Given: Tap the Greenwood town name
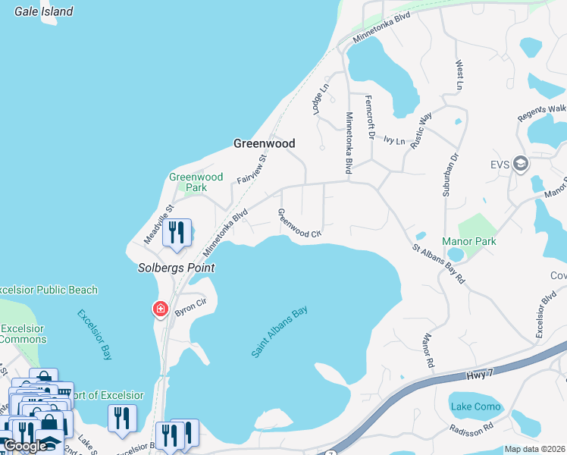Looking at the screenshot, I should coord(264,143).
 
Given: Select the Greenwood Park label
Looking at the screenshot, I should coord(196,182).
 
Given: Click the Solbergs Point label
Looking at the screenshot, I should coord(176,268).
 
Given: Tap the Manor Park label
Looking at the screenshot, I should coord(474,241).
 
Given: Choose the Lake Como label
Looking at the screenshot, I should coord(476,406).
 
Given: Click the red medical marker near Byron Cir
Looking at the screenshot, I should coord(160,309).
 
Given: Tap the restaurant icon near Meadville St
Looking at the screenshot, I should coord(177,232).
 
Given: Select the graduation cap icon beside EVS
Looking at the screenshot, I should coord(520,163).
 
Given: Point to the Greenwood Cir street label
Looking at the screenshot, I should coord(300,224).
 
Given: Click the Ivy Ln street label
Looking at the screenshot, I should coord(395,140).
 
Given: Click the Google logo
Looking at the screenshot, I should coord(25,446).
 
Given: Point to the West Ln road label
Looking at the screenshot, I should coord(459,75).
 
